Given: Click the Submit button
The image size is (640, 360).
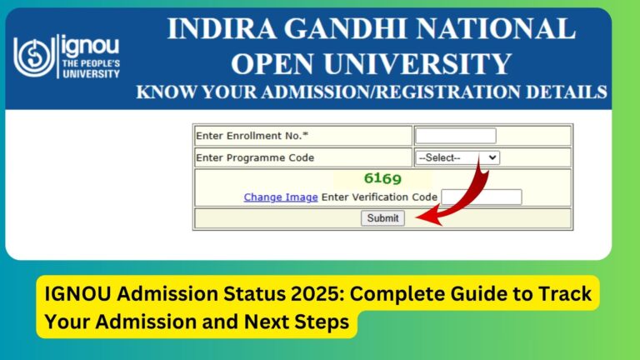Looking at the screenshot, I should (382, 218).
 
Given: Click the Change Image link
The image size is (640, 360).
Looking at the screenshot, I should (280, 197).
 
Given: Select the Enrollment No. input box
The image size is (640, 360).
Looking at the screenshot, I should (455, 136).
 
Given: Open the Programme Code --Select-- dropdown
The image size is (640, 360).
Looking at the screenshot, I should (457, 157).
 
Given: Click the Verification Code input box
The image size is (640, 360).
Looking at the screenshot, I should (481, 197).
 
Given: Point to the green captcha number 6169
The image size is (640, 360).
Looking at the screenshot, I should (382, 178).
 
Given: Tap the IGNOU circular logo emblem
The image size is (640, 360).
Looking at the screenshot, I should (32, 54).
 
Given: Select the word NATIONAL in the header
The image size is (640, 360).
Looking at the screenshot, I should (494, 30).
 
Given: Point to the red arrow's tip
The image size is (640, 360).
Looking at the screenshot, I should (417, 219).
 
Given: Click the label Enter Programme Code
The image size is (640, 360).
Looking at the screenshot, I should (255, 157).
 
